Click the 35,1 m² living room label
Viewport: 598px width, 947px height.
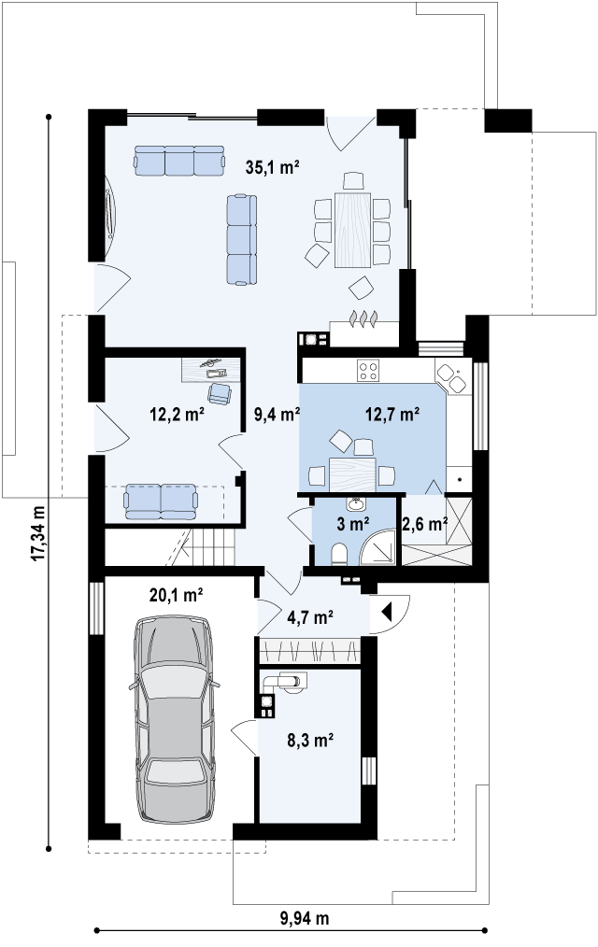pos(273,166)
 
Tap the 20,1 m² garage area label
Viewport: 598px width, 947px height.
pos(176,596)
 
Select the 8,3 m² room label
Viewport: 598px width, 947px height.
pos(310,740)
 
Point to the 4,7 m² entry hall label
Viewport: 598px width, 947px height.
pos(310,617)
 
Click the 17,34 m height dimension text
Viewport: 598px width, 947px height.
pos(38,532)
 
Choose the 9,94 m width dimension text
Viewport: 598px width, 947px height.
pos(305,919)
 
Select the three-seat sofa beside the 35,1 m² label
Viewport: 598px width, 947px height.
pos(180,160)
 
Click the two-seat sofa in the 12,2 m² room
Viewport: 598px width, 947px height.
pos(161,502)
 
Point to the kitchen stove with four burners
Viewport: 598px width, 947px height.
pos(368,370)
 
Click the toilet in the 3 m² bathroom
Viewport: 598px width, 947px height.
pos(339,553)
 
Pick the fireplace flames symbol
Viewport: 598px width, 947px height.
pos(363,318)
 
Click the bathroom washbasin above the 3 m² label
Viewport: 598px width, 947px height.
pos(356,503)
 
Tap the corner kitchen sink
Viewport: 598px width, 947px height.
pos(450,377)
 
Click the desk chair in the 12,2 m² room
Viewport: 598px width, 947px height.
pos(220,394)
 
